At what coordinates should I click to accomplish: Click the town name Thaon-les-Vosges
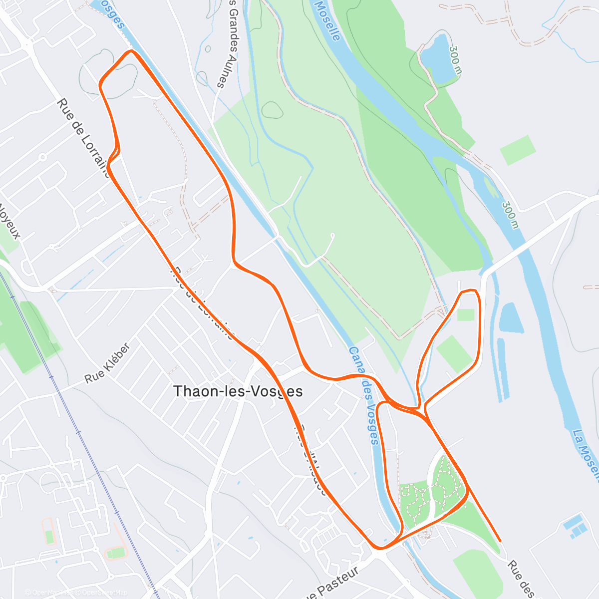pos(238,391)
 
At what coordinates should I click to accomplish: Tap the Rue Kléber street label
pos(107,363)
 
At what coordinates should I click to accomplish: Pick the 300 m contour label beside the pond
pos(456,60)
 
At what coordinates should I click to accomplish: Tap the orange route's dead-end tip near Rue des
pos(500,540)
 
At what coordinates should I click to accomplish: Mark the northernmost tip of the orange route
pos(131,51)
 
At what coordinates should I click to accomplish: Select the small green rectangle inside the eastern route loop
pos(465,315)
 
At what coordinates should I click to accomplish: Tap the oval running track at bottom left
pos(48,531)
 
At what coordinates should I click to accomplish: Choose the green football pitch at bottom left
pos(116,553)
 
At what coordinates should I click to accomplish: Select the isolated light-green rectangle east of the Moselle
pos(518,150)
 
